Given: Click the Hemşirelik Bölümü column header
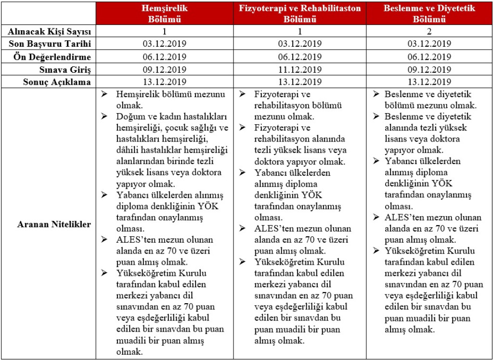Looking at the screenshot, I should [165, 14].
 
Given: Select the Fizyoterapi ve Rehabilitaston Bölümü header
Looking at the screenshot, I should [300, 14].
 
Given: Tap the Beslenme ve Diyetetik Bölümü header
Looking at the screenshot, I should [428, 14].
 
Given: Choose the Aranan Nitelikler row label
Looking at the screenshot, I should [54, 224].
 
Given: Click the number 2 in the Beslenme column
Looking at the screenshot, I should [428, 32].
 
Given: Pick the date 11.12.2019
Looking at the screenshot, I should [300, 69].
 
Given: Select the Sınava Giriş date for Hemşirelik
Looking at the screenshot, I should [165, 69].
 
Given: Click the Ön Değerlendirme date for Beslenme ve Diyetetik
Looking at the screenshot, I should [428, 57].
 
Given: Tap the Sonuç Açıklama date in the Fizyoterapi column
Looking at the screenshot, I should [300, 82].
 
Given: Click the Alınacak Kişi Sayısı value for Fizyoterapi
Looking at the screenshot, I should [300, 32].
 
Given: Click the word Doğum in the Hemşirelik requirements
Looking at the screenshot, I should [128, 117].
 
